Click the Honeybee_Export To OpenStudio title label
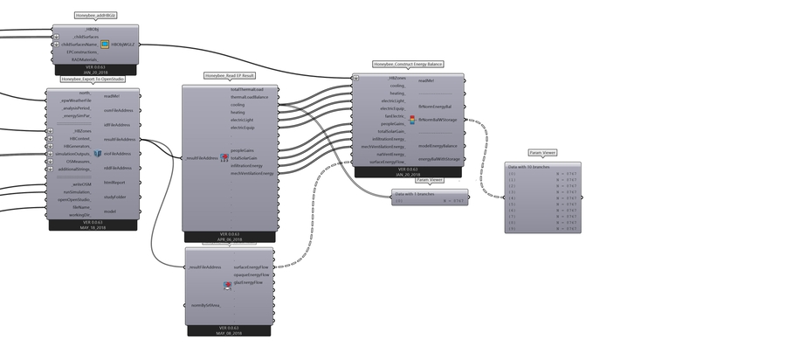tap(92, 79)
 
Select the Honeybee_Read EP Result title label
tap(228, 76)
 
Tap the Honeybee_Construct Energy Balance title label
tap(409, 65)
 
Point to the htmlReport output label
tap(114, 183)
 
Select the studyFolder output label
tap(115, 197)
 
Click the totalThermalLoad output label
tap(247, 90)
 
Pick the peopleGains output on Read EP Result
tap(244, 150)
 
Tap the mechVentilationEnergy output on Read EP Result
tap(252, 173)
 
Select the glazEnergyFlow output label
tap(248, 282)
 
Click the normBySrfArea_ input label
tap(207, 304)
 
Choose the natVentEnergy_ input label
tap(390, 154)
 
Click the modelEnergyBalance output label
tap(438, 146)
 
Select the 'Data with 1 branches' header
tap(417, 193)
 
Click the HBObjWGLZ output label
tap(120, 43)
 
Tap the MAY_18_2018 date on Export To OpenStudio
tap(92, 227)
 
